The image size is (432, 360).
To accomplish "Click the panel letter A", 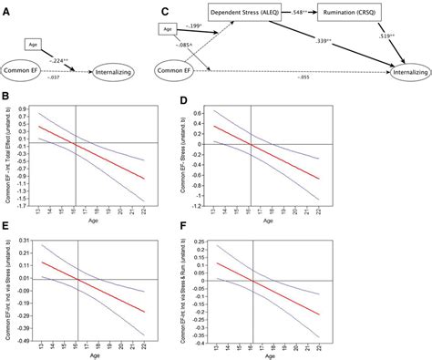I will point(8,11).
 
